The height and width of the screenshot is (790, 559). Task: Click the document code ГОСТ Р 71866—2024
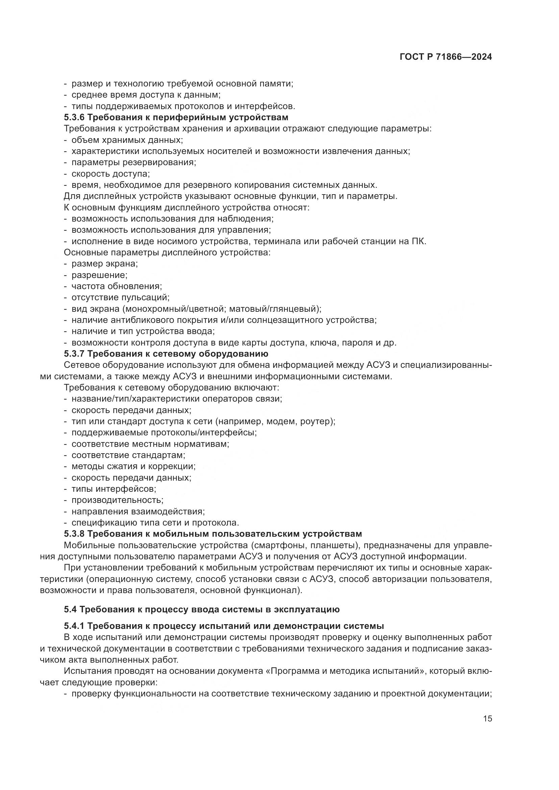click(x=446, y=57)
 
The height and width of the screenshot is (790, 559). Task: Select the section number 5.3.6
click(x=74, y=117)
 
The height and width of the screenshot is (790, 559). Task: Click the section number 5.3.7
click(x=74, y=354)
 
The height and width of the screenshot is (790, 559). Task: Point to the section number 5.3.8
click(x=74, y=534)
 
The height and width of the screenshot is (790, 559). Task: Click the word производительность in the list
click(x=117, y=500)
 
